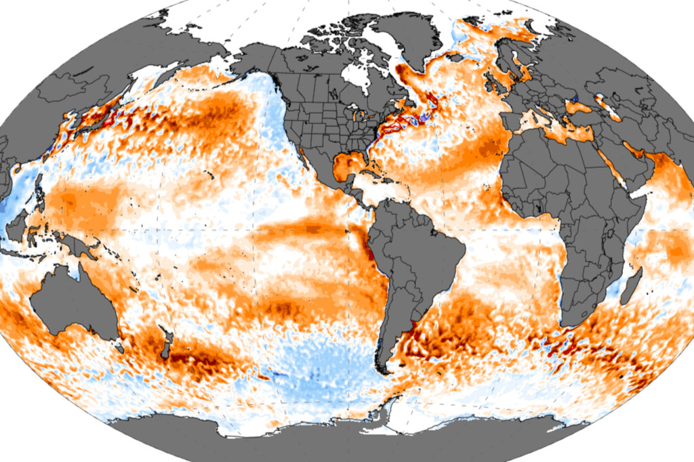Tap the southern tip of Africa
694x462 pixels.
pyautogui.click(x=573, y=324)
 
